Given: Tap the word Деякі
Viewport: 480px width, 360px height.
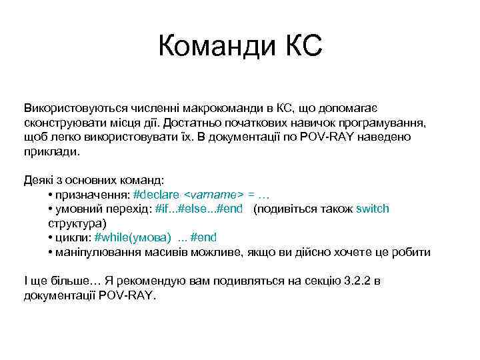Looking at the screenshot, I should (39, 180).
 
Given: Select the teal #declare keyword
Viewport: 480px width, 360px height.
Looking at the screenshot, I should (156, 195).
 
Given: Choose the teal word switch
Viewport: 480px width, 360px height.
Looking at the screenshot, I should (373, 209).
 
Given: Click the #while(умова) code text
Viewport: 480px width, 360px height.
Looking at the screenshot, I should (133, 237).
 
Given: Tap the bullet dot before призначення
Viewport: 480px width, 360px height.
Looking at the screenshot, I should (51, 195).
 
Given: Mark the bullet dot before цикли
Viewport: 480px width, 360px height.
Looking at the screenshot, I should (51, 237).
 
